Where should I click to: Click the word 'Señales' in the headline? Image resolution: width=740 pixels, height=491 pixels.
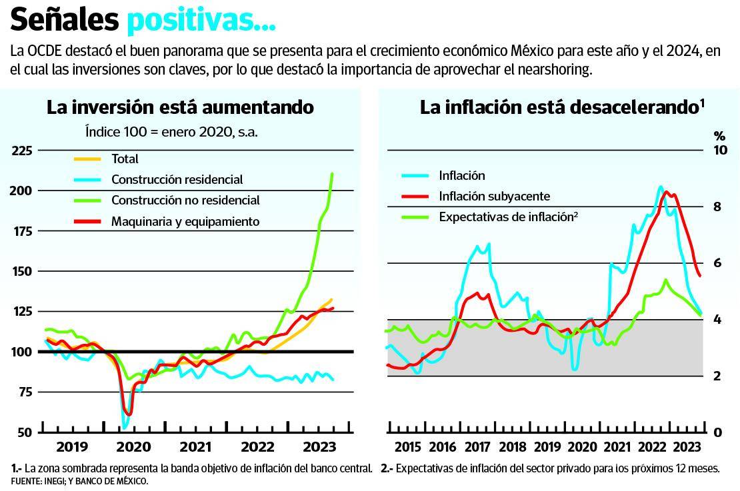[x=65, y=21]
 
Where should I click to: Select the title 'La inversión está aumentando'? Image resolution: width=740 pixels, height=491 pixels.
[x=180, y=107]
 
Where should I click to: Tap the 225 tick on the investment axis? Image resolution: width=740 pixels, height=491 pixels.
[x=22, y=151]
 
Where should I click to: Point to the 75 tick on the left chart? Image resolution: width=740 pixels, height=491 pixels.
[x=25, y=392]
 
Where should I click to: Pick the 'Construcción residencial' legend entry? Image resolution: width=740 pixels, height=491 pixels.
[x=177, y=179]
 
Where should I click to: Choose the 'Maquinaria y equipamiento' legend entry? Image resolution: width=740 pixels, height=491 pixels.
[x=185, y=221]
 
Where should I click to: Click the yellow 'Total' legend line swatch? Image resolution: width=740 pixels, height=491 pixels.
[x=87, y=159]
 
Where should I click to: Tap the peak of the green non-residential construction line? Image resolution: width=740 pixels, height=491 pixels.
[x=332, y=174]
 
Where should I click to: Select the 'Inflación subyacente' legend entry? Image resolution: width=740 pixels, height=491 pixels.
[x=494, y=196]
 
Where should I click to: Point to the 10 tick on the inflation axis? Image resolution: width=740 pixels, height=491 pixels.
[x=719, y=151]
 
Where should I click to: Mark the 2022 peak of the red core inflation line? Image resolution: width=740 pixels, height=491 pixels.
[x=667, y=192]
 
